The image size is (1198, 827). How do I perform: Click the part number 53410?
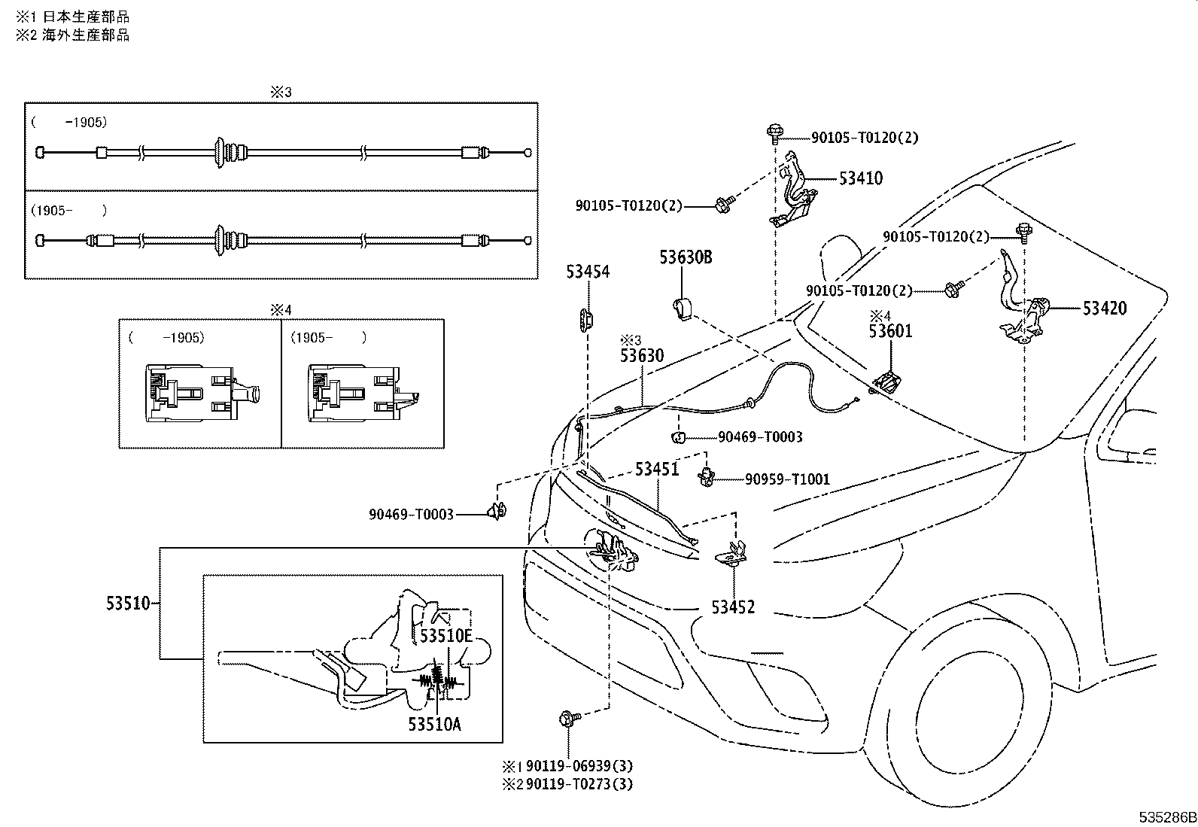click(x=861, y=178)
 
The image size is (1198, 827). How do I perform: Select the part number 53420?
click(x=1105, y=308)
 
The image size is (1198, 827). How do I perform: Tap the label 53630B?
click(x=686, y=257)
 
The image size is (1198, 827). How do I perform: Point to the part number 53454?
click(x=588, y=272)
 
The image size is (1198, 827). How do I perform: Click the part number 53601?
click(x=890, y=331)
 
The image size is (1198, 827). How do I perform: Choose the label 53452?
click(x=733, y=607)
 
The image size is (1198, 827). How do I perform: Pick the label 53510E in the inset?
click(x=446, y=636)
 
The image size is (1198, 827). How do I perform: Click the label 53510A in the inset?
click(x=434, y=725)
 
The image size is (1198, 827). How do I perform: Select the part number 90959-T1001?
click(x=787, y=479)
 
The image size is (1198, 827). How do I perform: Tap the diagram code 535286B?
click(x=1167, y=817)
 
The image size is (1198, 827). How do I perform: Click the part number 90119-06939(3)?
click(x=579, y=766)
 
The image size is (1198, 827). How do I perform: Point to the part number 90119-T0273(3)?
click(x=579, y=784)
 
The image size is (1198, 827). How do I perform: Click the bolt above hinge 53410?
click(x=774, y=133)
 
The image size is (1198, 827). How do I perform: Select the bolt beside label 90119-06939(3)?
click(x=569, y=719)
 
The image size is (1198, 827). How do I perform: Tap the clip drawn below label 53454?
click(x=586, y=320)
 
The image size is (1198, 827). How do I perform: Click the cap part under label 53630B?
click(x=682, y=309)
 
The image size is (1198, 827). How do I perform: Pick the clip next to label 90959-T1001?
click(x=707, y=476)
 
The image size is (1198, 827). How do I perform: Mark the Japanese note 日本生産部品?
click(x=86, y=17)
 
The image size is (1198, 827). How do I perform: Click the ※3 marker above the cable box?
click(x=281, y=92)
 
